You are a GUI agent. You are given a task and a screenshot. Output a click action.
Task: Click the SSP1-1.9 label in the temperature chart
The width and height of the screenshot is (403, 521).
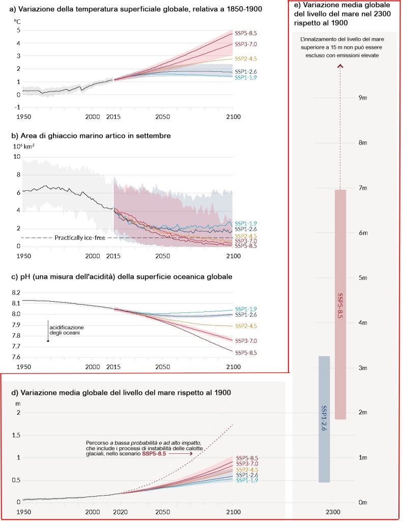point(245,78)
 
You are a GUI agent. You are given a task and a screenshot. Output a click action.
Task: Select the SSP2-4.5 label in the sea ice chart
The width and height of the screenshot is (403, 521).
point(245,236)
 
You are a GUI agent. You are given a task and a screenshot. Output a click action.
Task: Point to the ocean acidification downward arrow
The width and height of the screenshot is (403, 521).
point(48,331)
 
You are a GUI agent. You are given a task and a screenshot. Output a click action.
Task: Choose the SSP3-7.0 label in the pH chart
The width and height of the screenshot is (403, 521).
point(245,341)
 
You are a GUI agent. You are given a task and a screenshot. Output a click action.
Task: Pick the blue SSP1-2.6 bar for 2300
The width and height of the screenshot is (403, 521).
point(324,419)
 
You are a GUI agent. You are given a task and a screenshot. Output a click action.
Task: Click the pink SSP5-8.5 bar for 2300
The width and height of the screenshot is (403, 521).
point(340,304)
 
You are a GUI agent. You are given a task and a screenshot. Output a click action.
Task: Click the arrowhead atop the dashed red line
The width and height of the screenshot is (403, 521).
point(340,65)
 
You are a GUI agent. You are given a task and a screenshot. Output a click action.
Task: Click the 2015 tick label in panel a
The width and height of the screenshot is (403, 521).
point(112,117)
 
